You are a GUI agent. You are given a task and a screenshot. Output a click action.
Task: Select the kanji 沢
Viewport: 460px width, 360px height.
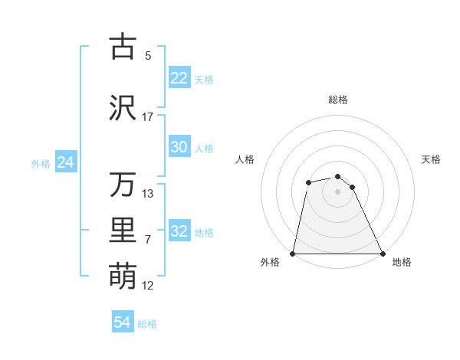pyautogui.click(x=123, y=107)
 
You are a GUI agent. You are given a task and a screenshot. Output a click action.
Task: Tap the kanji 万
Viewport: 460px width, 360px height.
pyautogui.click(x=123, y=185)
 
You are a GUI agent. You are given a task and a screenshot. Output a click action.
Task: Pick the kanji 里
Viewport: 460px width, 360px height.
pyautogui.click(x=123, y=231)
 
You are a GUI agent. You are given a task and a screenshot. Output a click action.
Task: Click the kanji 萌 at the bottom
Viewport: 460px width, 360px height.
pyautogui.click(x=123, y=276)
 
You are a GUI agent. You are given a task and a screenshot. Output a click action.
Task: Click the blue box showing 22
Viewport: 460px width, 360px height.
pyautogui.click(x=179, y=78)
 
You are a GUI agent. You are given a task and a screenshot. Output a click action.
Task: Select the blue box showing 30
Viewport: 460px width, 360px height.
pyautogui.click(x=179, y=147)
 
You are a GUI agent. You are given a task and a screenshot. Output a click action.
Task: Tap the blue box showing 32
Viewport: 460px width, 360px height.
pyautogui.click(x=179, y=231)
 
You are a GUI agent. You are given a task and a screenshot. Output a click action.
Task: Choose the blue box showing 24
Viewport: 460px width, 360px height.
pyautogui.click(x=65, y=162)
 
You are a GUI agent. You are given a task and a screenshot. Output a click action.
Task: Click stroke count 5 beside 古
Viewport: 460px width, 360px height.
pyautogui.click(x=148, y=55)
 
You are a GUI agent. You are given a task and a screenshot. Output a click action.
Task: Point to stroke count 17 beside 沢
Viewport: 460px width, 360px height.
pyautogui.click(x=148, y=116)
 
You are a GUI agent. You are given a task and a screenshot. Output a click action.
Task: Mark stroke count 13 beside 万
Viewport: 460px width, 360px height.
pyautogui.click(x=148, y=193)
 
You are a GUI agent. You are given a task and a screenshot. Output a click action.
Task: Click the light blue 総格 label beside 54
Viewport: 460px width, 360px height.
pyautogui.click(x=147, y=324)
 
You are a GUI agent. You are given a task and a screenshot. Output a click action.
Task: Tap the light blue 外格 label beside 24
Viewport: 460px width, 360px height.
pyautogui.click(x=41, y=163)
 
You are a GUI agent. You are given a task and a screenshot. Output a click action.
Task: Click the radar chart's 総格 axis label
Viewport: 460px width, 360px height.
pyautogui.click(x=338, y=100)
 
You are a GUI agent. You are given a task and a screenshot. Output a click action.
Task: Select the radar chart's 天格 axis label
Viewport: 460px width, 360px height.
pyautogui.click(x=432, y=159)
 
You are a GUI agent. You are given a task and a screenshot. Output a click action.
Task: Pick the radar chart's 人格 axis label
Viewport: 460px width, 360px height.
pyautogui.click(x=245, y=159)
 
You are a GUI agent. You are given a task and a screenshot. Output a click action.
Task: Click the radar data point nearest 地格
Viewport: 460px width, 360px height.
pyautogui.click(x=383, y=254)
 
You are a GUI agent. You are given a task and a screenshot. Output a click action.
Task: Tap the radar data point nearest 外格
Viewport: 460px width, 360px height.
pyautogui.click(x=293, y=254)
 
